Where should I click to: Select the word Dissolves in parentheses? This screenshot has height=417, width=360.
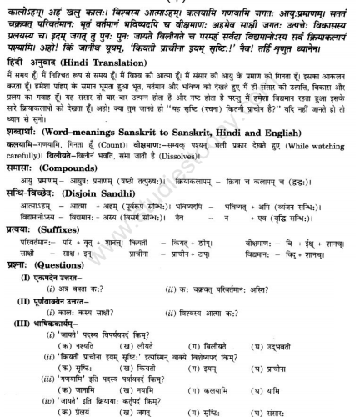click(192, 178)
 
